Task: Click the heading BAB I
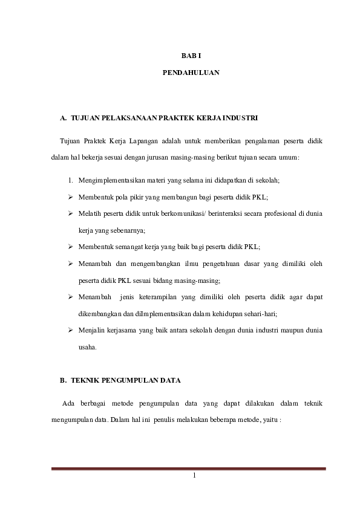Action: click(x=191, y=56)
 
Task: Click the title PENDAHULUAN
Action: click(x=191, y=73)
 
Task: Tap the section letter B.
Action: click(x=63, y=380)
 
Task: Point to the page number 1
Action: click(x=193, y=475)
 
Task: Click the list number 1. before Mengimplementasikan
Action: click(x=71, y=180)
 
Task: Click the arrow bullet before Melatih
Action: click(x=71, y=213)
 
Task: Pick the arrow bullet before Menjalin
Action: click(x=71, y=331)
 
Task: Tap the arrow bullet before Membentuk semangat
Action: click(x=71, y=247)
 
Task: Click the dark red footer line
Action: click(x=188, y=468)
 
